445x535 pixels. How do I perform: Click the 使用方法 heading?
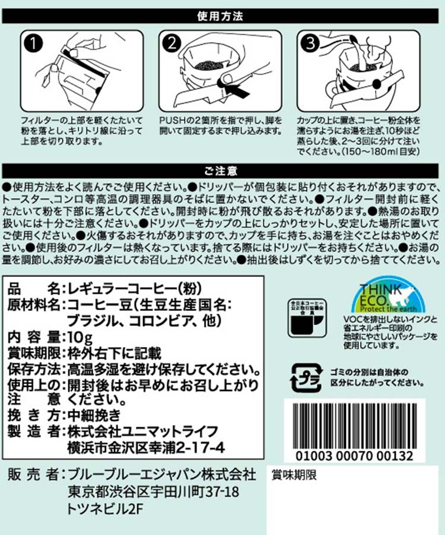(220, 16)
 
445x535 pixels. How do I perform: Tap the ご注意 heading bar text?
(221, 171)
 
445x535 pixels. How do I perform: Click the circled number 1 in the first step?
(33, 43)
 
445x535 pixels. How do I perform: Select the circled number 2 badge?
(172, 43)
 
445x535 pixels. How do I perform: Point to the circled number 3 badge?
(310, 43)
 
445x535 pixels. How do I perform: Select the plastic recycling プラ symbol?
(306, 377)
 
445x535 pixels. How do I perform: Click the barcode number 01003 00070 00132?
(354, 456)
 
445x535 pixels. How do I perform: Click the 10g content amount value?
(80, 338)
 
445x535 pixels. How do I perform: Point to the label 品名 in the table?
(33, 289)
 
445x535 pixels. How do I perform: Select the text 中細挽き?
(94, 416)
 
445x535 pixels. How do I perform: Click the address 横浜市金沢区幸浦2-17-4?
(146, 448)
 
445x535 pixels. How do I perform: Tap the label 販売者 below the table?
(33, 474)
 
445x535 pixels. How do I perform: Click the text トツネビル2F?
(104, 509)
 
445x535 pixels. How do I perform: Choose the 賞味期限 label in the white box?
(294, 475)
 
